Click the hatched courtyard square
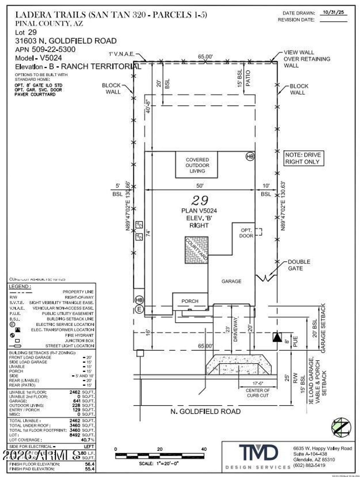tap(197, 250)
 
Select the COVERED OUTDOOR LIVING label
tap(197, 165)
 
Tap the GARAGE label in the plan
tap(231, 281)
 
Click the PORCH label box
tap(190, 301)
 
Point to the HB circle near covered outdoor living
tap(250, 157)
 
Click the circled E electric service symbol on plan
tap(139, 310)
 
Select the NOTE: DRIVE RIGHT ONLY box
tap(303, 158)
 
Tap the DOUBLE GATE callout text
tap(299, 265)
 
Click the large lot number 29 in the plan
tap(200, 200)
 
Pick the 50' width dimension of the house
tap(200, 186)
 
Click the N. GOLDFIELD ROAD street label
tap(206, 411)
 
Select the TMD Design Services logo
tap(258, 454)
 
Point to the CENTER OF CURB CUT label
tap(258, 393)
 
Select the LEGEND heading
tap(20, 287)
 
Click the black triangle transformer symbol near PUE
tap(277, 337)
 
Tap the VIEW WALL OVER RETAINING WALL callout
tap(307, 59)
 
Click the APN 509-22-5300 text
tap(45, 49)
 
